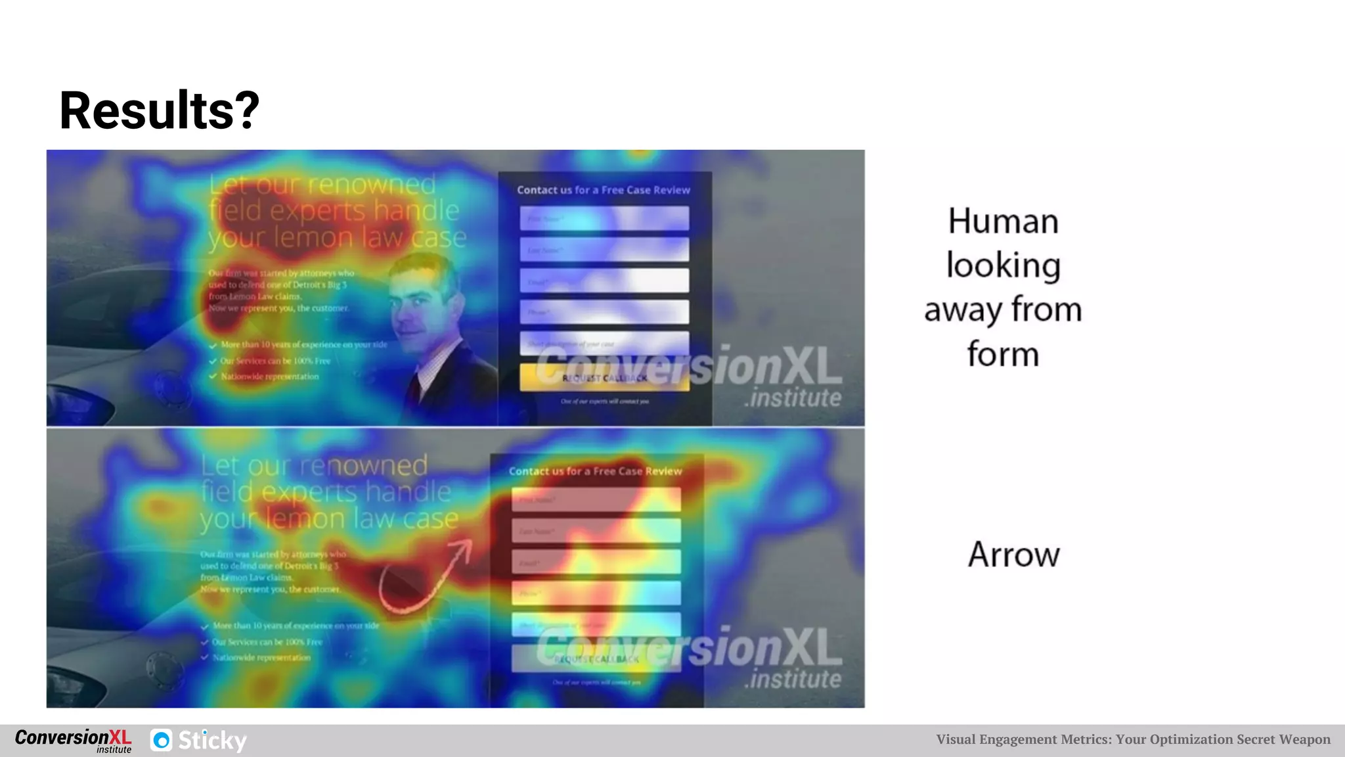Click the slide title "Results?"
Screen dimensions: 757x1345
pos(159,110)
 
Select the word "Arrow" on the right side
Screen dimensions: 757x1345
pos(1013,555)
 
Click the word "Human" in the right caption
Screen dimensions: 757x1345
pos(1003,221)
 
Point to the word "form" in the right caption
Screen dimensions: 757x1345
pos(1003,354)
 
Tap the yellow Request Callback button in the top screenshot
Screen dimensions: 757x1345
pos(604,378)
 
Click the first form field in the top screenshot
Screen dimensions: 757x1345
pos(604,218)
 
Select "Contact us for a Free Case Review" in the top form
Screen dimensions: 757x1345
pos(604,190)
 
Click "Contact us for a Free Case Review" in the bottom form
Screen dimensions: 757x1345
pos(595,471)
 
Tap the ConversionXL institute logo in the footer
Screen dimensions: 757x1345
pos(73,740)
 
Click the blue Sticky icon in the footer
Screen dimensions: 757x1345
pos(162,740)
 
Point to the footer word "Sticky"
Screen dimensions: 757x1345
pos(212,741)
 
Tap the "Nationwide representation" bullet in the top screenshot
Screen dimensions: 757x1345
pos(269,377)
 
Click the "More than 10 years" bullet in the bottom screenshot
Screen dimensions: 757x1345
pos(296,626)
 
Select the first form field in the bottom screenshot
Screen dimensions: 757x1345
pos(596,499)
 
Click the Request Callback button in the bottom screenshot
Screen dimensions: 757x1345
pos(596,658)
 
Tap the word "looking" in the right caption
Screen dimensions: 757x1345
pos(1003,265)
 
